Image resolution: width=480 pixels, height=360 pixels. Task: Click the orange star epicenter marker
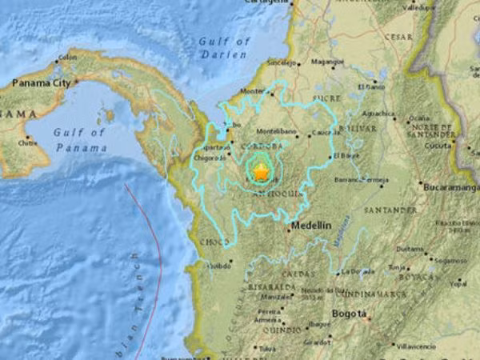(261, 170)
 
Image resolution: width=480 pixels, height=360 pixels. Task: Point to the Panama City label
(46, 82)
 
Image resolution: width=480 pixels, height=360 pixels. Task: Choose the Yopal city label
(458, 283)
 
